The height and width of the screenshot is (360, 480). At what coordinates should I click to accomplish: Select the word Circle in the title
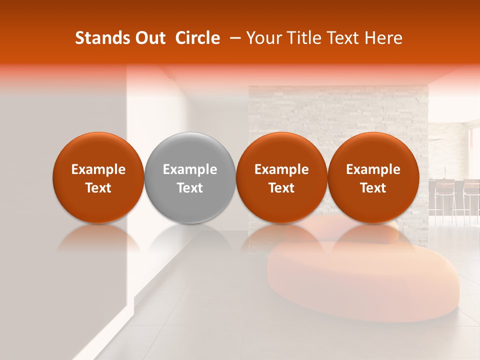click(x=197, y=38)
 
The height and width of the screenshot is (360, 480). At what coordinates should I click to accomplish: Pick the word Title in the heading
click(x=302, y=38)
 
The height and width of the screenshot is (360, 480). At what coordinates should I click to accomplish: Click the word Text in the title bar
click(x=342, y=38)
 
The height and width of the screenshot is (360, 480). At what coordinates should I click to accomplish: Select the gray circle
click(x=190, y=177)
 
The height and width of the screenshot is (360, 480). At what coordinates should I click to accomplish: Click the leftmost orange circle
click(x=98, y=177)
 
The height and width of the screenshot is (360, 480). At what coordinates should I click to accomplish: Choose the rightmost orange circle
click(x=373, y=177)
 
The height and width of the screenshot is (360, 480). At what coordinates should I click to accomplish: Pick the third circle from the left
click(x=281, y=177)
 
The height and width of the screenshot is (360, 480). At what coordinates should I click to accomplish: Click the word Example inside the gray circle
click(x=190, y=169)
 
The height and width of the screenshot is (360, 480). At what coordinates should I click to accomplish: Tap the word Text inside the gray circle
click(x=190, y=188)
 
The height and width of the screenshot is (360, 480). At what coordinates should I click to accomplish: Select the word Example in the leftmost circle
click(x=98, y=169)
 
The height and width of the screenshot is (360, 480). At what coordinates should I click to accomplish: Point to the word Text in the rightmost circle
click(x=373, y=188)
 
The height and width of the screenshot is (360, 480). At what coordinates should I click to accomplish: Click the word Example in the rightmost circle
click(x=373, y=169)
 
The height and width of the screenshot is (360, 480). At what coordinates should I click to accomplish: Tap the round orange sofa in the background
click(x=365, y=285)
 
